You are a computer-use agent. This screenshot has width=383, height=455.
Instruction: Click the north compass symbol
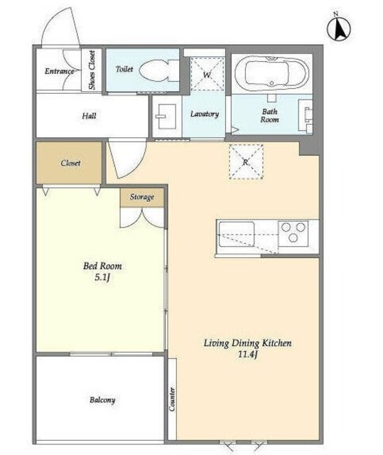click(339, 28)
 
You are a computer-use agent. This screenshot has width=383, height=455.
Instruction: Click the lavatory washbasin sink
click(167, 116)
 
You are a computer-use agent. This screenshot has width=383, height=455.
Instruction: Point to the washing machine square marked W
click(207, 74)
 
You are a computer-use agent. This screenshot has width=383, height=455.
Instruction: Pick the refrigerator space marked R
click(246, 161)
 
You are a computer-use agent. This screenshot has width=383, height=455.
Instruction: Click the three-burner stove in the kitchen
click(293, 233)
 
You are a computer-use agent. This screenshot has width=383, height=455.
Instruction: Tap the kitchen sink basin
click(237, 234)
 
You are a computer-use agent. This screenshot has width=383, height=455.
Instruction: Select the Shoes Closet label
click(92, 70)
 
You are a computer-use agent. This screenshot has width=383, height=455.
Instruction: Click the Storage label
click(142, 197)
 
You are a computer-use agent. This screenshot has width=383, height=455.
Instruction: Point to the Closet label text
click(70, 163)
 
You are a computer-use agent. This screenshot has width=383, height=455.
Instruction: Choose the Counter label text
click(172, 399)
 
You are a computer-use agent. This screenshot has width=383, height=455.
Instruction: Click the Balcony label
click(102, 400)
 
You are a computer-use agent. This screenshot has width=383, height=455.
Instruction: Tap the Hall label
click(89, 116)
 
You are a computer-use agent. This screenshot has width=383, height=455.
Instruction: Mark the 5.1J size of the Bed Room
click(102, 278)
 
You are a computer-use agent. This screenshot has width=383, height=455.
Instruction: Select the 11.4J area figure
click(247, 355)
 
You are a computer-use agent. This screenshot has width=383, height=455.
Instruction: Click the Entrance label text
click(59, 71)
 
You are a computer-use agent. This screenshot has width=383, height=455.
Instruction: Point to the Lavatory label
click(205, 114)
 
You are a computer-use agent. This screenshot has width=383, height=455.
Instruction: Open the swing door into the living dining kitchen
click(126, 159)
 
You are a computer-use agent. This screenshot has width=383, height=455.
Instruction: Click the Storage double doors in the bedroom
click(142, 218)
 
